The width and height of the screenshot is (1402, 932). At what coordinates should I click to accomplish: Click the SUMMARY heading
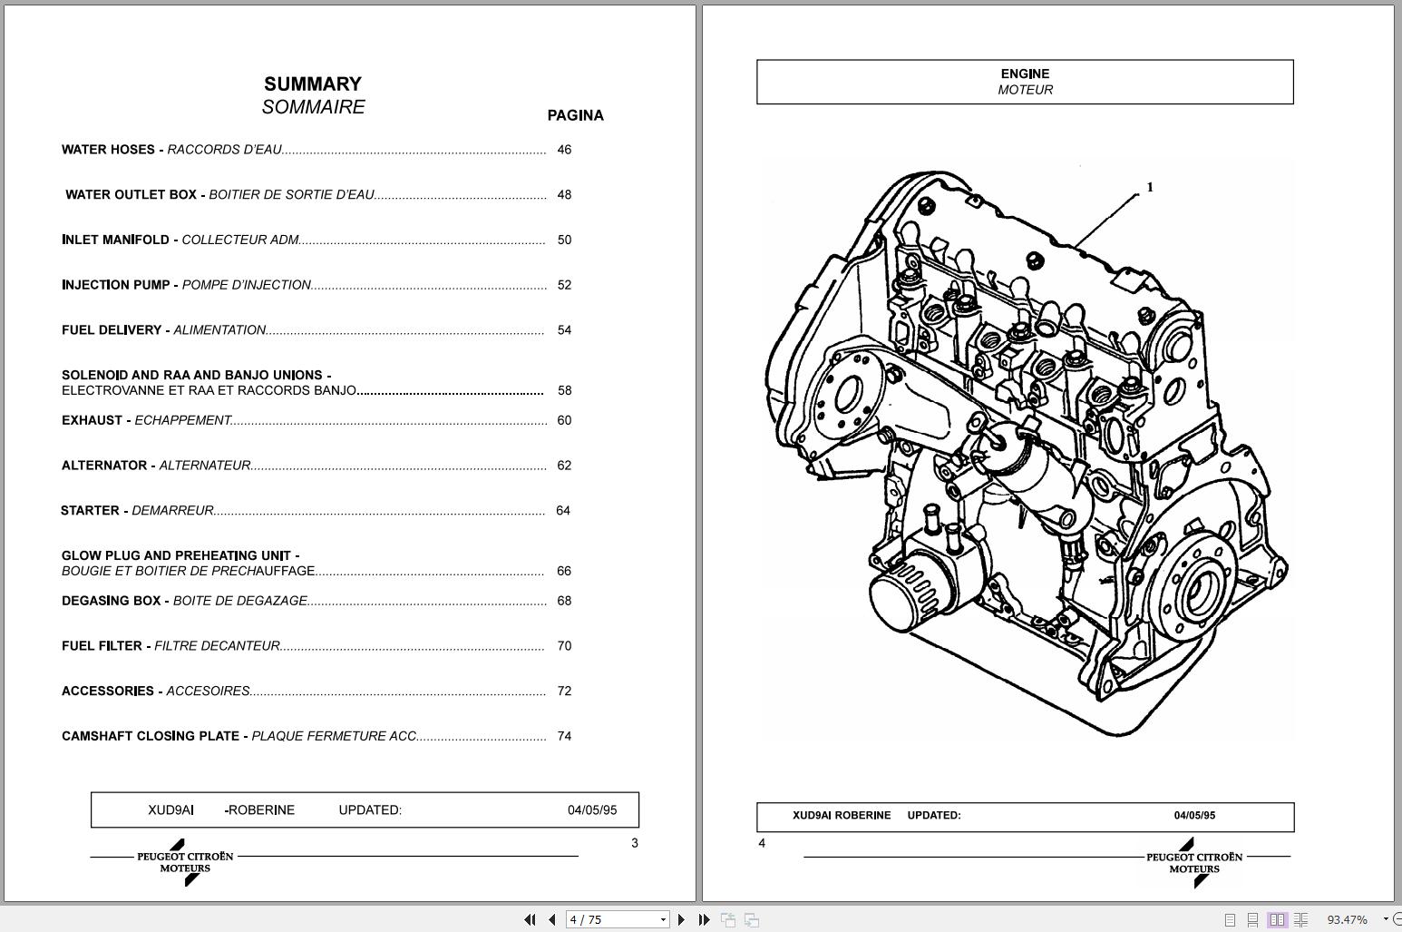coord(312,84)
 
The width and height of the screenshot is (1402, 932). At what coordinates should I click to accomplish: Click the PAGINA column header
coord(575,115)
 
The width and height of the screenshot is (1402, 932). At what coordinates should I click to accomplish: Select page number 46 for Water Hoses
coord(564,150)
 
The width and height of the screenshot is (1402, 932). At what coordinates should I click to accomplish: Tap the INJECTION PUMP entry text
coord(115,285)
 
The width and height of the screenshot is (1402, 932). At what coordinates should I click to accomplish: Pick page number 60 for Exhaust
coord(564,420)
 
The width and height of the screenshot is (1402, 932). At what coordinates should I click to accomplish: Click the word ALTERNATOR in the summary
coord(104,466)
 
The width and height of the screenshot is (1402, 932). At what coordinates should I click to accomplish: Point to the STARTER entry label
coord(90,511)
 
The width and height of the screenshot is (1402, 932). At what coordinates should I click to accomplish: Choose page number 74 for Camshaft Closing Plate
coord(564,736)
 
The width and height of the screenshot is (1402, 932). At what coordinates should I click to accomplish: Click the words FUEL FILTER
coord(102,646)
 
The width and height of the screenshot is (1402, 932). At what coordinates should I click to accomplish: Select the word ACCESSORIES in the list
coord(108,692)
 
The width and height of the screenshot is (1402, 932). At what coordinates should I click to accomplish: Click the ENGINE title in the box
coord(1025,74)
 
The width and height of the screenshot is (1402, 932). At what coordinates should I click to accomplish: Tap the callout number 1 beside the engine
coord(1150,188)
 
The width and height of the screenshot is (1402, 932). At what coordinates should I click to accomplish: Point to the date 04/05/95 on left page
coord(592,810)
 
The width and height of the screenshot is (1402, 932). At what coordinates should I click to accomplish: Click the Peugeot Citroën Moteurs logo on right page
coord(1194,863)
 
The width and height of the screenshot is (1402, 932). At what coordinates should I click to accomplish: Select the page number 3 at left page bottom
coord(635,843)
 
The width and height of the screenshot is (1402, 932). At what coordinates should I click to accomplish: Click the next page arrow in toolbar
coord(682,919)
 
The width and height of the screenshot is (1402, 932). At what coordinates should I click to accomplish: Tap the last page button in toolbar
coord(704,919)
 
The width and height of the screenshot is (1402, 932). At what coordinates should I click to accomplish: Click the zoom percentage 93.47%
coord(1347,919)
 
